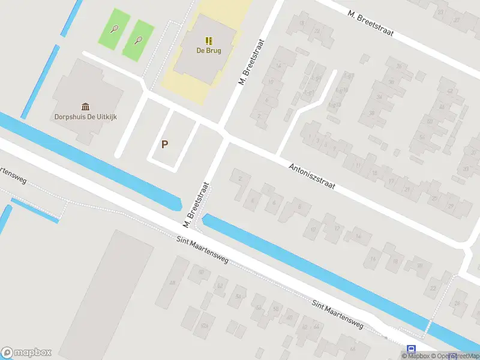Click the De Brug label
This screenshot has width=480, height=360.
coord(209,51)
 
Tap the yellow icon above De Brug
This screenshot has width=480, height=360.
coord(209,41)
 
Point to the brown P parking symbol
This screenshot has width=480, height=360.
coord(164,145)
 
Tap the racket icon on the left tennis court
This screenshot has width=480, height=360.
coord(114,28)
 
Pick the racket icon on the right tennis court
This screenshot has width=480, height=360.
coord(139,41)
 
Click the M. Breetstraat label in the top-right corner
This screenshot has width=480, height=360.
coord(371,22)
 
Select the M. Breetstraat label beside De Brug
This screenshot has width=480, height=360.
coord(252,62)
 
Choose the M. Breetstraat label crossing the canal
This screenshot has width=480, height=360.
coord(196,205)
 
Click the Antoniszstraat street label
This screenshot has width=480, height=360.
coord(312,178)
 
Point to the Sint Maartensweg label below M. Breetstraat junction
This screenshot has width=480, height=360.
coord(203,250)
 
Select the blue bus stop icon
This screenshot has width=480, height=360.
coord(411,349)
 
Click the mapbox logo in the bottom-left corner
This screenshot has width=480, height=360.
coord(26,353)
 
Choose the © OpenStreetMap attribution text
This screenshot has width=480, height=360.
coord(458,356)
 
